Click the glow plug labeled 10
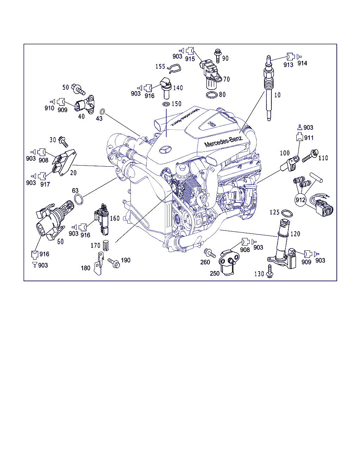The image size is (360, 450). coord(269,88)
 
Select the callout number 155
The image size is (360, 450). coord(160,66)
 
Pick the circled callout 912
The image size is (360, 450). coord(301,200)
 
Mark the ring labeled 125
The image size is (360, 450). coord(287,213)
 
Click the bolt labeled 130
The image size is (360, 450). coord(270,271)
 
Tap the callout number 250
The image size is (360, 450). coord(215,273)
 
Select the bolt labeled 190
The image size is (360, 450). coord(114,263)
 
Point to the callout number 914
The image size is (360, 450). coord(302,63)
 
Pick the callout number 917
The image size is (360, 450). coord(45,184)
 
